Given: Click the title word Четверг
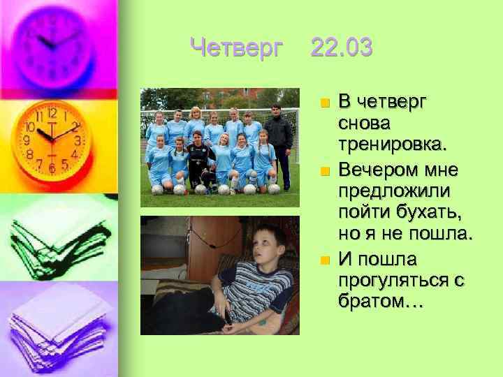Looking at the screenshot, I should tap(237, 48).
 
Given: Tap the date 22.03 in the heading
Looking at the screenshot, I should tap(342, 48).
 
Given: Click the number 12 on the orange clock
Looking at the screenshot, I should tap(52, 113).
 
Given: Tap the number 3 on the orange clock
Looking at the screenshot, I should tap(78, 140).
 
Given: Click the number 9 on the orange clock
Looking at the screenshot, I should tap(27, 140).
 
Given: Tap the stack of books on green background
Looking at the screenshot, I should tap(56, 237).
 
